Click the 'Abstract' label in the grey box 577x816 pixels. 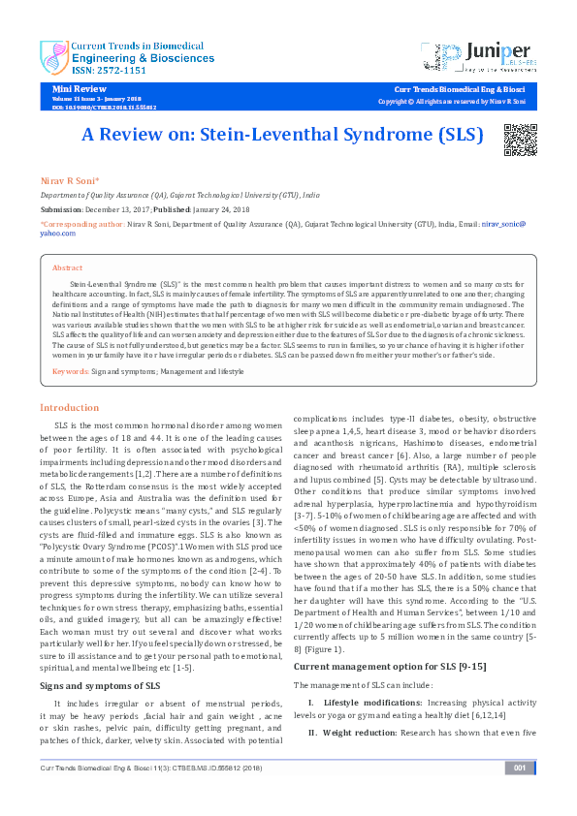tap(67, 267)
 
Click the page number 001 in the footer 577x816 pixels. tap(520, 797)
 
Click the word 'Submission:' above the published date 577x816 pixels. tap(62, 208)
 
